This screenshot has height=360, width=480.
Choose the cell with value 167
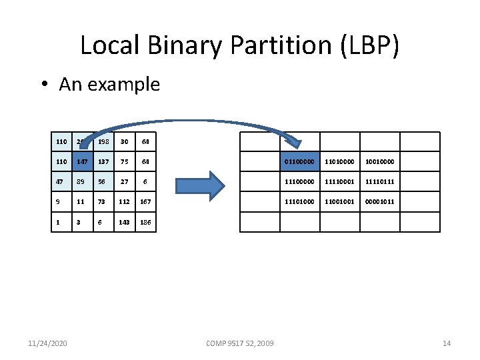pyautogui.click(x=146, y=201)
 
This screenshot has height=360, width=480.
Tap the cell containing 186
pyautogui.click(x=146, y=221)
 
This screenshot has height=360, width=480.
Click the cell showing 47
pyautogui.click(x=62, y=181)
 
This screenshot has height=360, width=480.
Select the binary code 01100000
pyautogui.click(x=300, y=161)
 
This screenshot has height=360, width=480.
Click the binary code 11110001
pyautogui.click(x=340, y=181)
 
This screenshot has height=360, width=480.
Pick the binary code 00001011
pyautogui.click(x=380, y=201)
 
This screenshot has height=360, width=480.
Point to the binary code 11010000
pyautogui.click(x=340, y=161)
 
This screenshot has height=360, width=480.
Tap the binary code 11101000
pyautogui.click(x=300, y=201)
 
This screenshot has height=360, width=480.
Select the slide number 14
pyautogui.click(x=447, y=343)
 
